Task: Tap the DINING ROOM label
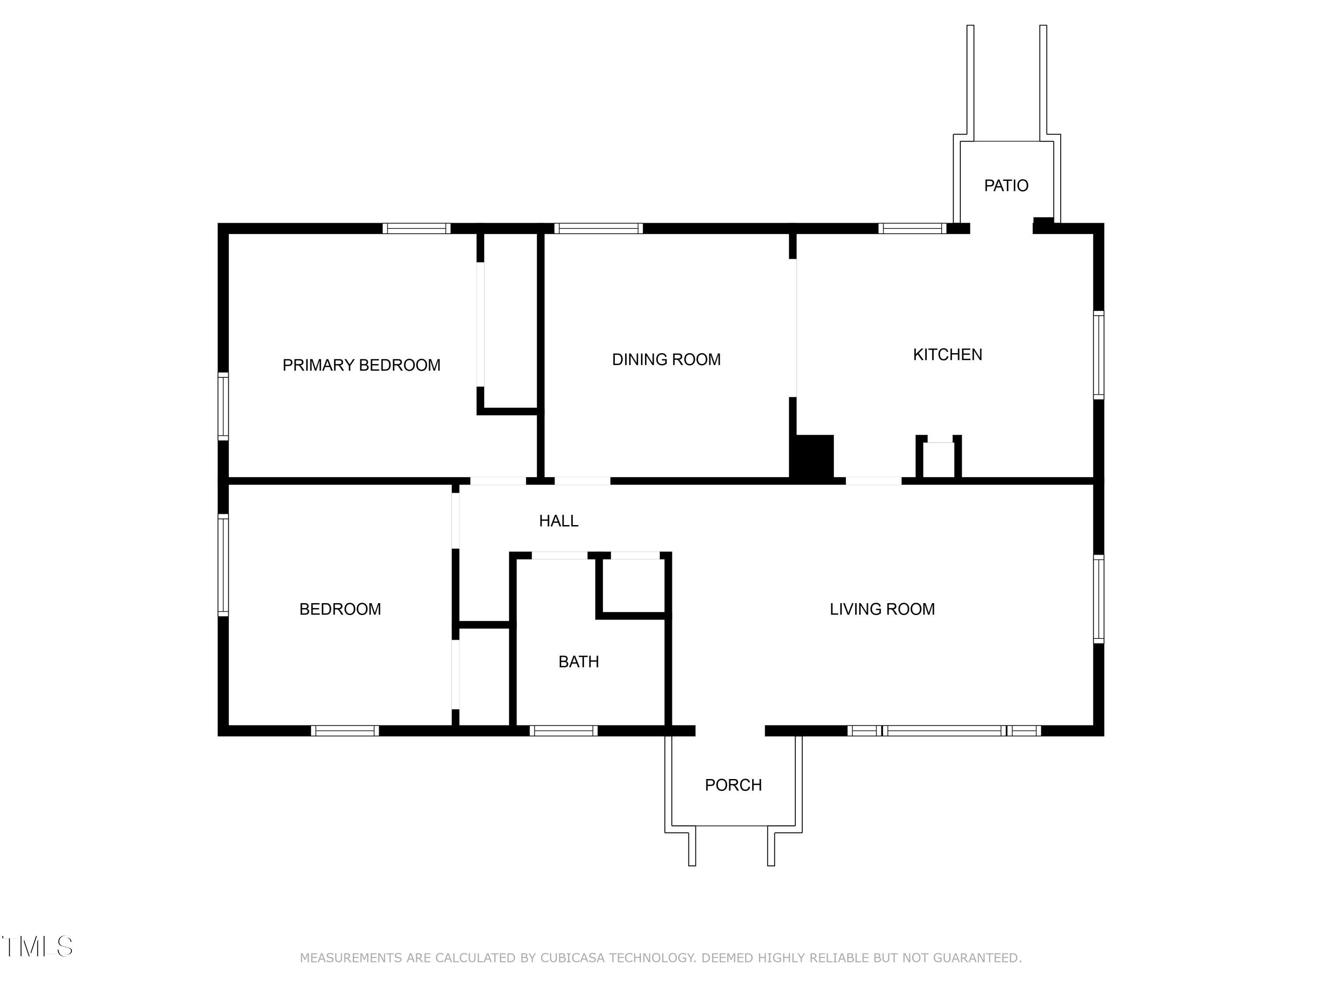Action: pos(666,359)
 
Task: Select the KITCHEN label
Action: pos(947,354)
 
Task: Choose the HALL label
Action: pos(558,521)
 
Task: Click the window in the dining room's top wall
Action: pos(598,228)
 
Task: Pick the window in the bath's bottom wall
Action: pos(563,730)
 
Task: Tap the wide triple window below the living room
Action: pos(944,730)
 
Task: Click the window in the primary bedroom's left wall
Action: pos(223,406)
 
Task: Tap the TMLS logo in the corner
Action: pos(37,946)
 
